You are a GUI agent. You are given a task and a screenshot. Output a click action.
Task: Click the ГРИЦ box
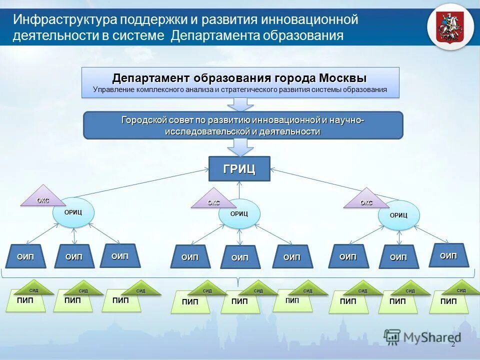tap(239, 169)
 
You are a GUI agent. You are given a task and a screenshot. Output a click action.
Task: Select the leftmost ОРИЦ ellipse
tap(73, 212)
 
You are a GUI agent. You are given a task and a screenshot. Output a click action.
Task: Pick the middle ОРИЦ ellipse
tap(239, 213)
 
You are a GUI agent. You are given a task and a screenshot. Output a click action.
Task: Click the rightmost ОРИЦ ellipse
tap(398, 215)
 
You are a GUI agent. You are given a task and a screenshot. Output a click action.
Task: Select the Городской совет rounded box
tap(242, 125)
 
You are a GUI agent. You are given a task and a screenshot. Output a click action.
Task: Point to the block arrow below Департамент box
tap(240, 103)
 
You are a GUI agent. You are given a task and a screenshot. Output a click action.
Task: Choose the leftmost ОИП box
tap(25, 257)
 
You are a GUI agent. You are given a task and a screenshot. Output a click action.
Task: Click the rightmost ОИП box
tap(448, 255)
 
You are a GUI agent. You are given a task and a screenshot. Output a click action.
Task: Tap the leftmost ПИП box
tap(25, 301)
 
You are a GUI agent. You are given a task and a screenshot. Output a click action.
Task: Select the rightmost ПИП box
tap(448, 302)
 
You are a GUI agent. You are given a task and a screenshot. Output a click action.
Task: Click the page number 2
tap(453, 344)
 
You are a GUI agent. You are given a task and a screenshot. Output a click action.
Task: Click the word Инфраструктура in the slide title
tap(64, 20)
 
